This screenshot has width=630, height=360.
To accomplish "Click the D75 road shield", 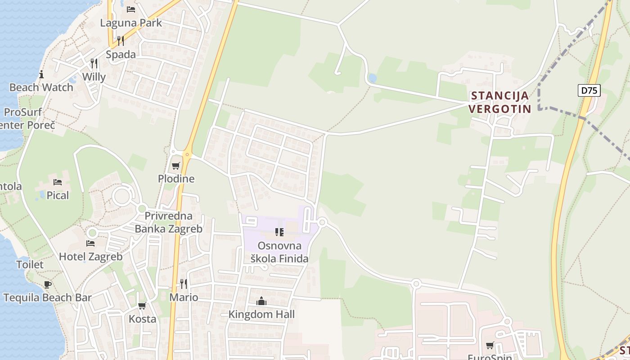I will [589, 90].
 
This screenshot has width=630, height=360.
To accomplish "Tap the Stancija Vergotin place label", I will [500, 102].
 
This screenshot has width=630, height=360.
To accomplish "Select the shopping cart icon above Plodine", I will [176, 166].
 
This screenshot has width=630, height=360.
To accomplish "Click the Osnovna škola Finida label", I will [279, 252].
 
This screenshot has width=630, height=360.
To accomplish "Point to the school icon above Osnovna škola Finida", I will [279, 232].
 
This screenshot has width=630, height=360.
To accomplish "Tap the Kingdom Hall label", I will [261, 314].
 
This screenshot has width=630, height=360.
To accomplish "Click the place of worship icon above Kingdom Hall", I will [261, 301].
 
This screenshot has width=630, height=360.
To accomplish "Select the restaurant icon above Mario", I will [184, 283].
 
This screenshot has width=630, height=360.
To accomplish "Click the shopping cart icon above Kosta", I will [142, 306].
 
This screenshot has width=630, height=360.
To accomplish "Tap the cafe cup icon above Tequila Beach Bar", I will [48, 284].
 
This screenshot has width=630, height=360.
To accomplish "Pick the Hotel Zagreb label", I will [91, 256].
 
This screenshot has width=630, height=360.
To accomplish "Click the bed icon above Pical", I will [58, 182].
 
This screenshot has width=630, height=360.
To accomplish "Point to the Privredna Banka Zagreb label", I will [169, 222].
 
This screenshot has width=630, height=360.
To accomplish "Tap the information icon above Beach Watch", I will [41, 74].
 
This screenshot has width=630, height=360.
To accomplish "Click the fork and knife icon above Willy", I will [94, 63].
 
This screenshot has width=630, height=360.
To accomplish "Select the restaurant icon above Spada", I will [120, 41].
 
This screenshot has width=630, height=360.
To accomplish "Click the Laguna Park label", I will [131, 22].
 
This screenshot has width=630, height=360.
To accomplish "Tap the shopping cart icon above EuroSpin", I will [490, 346].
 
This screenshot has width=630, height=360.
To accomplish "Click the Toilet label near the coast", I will [30, 265].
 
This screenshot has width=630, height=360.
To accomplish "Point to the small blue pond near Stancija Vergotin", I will [372, 78].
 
